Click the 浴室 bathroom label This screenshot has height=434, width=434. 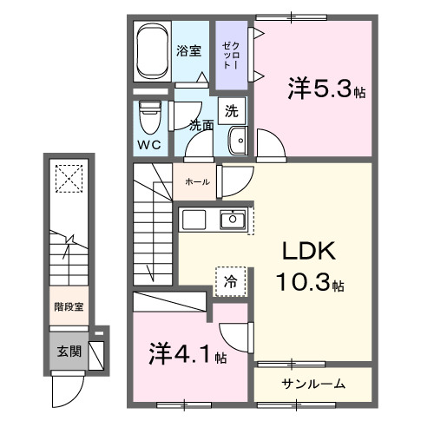click(190, 50)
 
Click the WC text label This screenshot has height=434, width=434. click(148, 145)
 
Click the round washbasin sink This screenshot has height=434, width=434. click(236, 139)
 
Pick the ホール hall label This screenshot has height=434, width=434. click(194, 182)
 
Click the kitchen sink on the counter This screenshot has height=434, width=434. click(231, 220)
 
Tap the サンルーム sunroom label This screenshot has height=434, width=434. click(313, 383)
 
